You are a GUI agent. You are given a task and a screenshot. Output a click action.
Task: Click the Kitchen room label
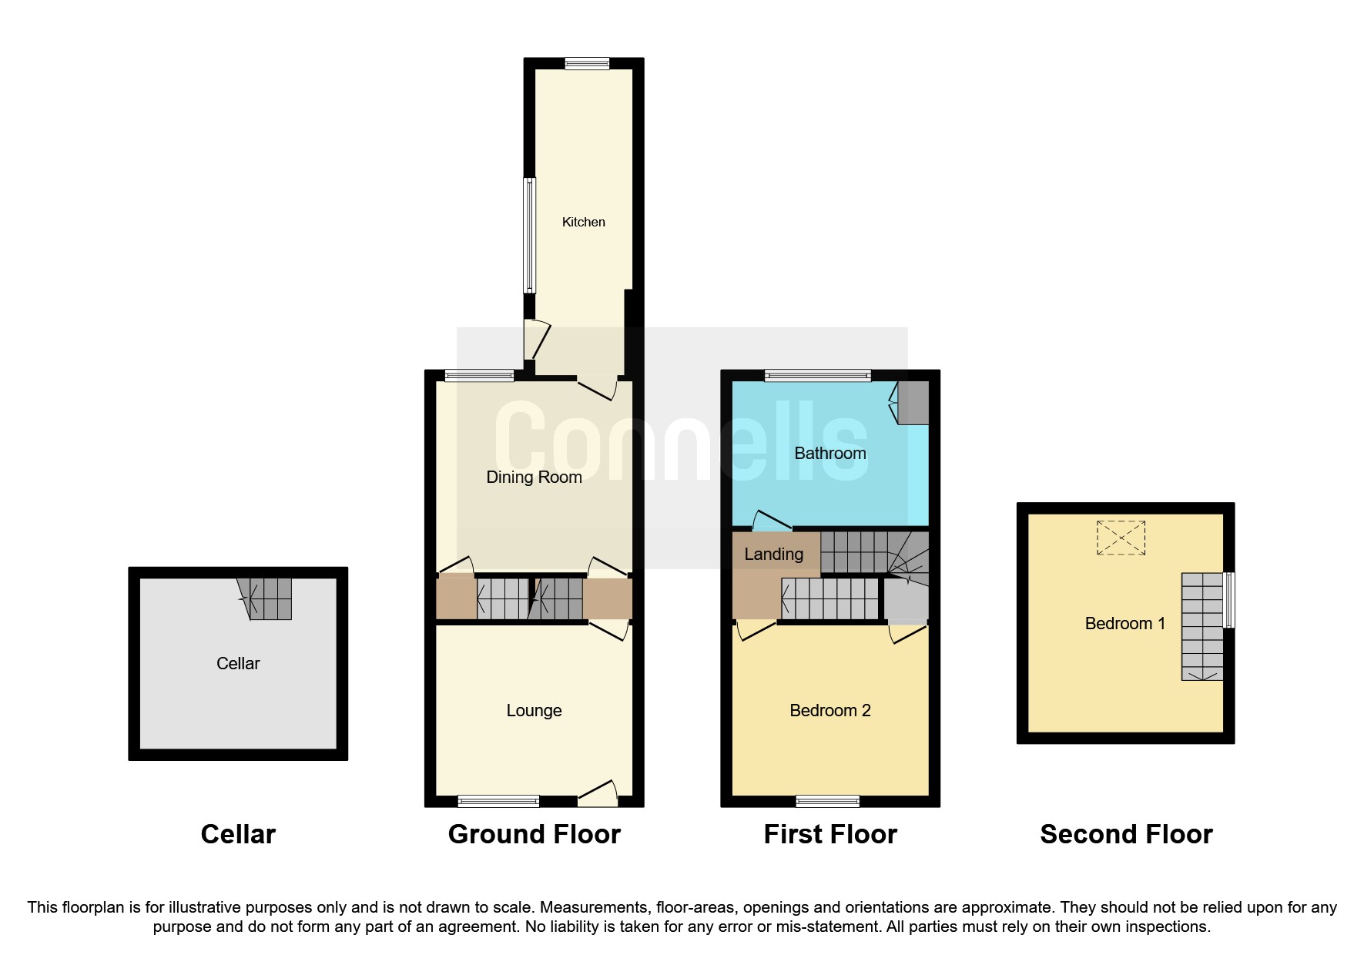(x=583, y=222)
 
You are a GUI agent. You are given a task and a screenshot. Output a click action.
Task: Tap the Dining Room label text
(x=534, y=477)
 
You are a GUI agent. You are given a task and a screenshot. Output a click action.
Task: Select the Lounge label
(x=534, y=710)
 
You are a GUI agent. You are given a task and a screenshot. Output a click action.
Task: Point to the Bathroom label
(x=829, y=453)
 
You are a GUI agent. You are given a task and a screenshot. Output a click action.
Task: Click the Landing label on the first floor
(x=773, y=554)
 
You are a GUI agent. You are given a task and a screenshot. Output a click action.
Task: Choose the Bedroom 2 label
(x=829, y=710)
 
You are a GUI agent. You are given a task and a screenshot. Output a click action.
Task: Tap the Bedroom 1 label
(x=1124, y=623)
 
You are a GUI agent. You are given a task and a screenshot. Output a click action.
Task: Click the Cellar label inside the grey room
(x=238, y=663)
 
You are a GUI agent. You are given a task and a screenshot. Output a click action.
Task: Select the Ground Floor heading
(x=534, y=834)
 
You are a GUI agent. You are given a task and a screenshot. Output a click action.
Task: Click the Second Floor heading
(x=1125, y=834)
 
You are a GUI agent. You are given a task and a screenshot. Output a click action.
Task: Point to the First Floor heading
(x=829, y=834)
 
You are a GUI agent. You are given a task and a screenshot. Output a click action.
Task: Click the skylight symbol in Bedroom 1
(x=1121, y=538)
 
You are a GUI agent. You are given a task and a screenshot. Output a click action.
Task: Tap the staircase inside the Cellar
(x=266, y=598)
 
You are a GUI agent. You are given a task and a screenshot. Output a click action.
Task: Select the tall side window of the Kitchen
(x=529, y=235)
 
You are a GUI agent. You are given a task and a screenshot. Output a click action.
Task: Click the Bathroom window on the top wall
(x=817, y=376)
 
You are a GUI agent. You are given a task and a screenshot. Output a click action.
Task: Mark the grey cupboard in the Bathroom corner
(x=913, y=402)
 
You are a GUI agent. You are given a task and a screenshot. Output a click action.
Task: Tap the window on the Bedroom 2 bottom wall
(x=827, y=802)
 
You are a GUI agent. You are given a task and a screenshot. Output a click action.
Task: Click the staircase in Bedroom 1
(x=1201, y=626)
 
